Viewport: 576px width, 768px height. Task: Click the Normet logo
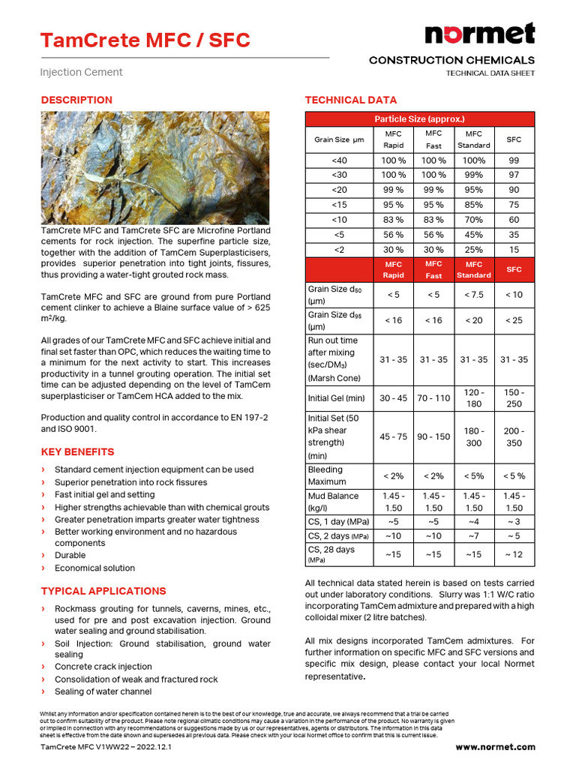coord(480,34)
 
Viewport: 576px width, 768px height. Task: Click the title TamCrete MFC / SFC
coord(145,40)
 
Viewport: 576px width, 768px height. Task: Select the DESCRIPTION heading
coord(76,100)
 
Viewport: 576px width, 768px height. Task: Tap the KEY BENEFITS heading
coord(77,451)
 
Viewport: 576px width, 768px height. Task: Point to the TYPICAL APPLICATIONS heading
coord(103,591)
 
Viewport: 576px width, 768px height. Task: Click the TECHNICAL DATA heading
coord(350,100)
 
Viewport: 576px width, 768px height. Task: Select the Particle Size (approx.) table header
coord(419,119)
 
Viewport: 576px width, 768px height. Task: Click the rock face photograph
coord(155,167)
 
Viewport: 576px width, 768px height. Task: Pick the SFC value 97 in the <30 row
coord(514,175)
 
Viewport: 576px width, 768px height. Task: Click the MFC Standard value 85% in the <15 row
coord(473,205)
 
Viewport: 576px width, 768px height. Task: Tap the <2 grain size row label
coord(339,249)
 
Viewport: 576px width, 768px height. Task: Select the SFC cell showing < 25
coord(514,320)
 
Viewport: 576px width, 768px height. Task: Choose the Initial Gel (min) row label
coord(336,397)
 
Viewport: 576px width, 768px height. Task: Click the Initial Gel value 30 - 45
coord(393,397)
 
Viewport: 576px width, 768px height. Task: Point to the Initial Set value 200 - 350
coord(514,436)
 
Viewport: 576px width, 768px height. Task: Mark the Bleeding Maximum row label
coord(325,475)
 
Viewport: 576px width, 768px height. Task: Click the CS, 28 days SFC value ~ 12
coord(514,553)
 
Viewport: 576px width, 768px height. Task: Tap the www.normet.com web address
coord(495,747)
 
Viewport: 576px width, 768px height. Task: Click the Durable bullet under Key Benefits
coord(70,556)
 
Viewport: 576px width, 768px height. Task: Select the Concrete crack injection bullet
coord(103,667)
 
